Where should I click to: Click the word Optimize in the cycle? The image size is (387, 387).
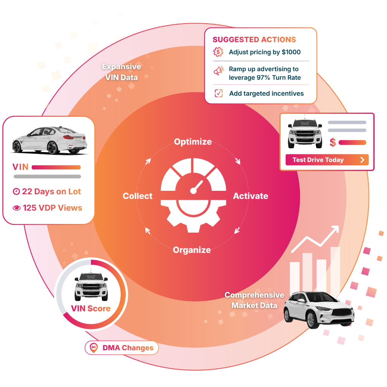193,142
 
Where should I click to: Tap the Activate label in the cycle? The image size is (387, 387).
250,196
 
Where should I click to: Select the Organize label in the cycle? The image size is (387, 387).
192,250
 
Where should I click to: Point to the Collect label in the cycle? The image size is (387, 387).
137,196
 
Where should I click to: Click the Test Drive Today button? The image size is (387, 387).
327,160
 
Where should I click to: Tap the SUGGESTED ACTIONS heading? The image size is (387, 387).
254,39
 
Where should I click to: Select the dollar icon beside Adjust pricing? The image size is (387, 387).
218,52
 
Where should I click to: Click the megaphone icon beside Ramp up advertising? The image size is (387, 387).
219,71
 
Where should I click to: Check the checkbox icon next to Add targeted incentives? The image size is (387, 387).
219,93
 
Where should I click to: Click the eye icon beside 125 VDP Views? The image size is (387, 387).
17,208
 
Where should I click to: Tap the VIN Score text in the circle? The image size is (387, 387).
91,308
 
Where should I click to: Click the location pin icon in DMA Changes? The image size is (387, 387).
94,348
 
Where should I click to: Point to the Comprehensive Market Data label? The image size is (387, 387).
254,300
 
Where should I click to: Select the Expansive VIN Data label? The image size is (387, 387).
121,72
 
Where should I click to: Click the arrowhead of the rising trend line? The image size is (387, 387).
335,229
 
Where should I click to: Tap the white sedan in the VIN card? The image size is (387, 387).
49,140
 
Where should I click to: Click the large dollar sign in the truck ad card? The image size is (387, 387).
333,142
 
